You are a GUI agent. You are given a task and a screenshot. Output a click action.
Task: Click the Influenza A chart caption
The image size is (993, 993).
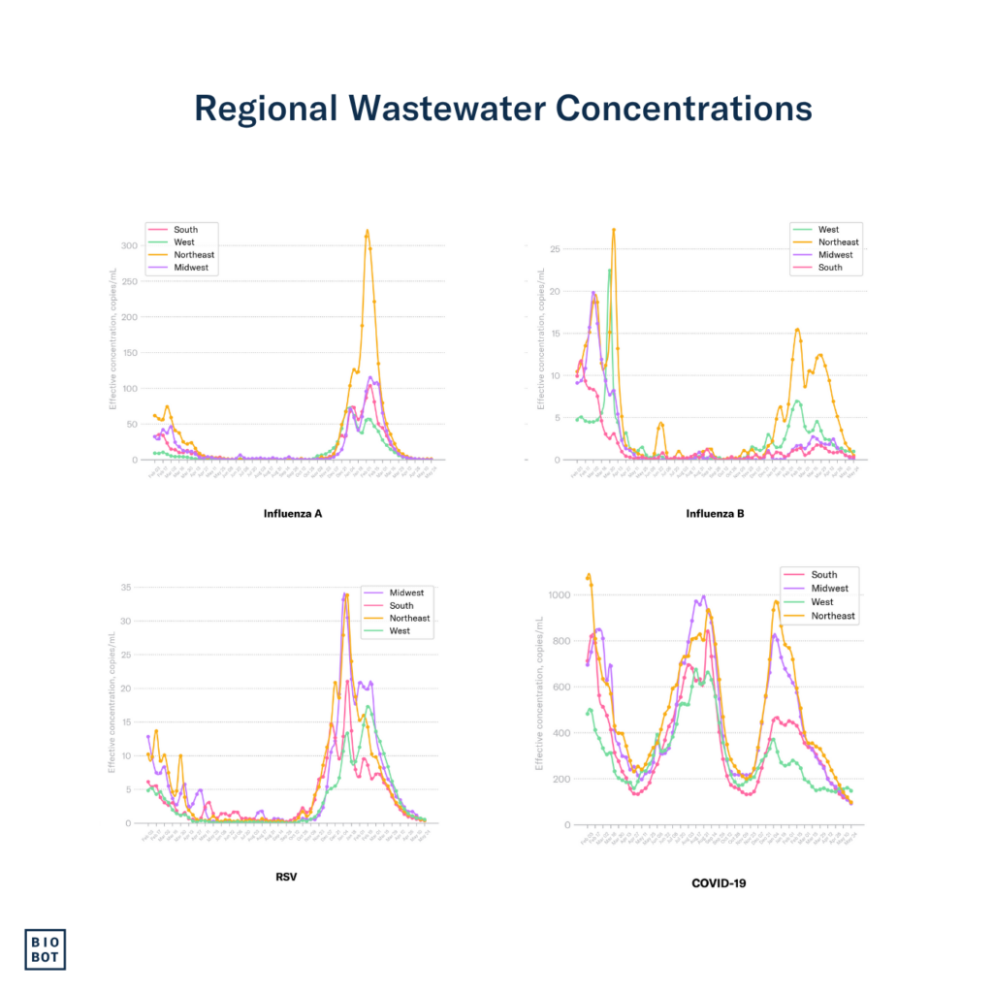coord(292,513)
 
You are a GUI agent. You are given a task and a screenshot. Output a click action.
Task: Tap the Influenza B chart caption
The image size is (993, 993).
coord(714,513)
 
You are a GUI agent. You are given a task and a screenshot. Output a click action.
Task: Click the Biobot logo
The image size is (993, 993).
coord(46,949)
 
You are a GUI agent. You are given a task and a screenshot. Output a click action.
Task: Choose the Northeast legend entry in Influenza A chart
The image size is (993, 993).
coord(194,255)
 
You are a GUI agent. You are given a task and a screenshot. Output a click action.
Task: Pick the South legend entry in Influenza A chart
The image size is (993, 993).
coord(185,230)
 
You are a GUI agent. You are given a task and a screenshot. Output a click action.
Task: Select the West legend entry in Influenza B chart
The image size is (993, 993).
coord(831,230)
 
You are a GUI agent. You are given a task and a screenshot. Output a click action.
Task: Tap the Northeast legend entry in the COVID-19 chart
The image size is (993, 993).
coord(833,616)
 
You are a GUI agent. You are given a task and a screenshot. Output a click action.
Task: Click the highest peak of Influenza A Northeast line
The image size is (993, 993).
coord(367,231)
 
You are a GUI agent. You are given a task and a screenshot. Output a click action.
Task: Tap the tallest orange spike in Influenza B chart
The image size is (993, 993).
coord(614,230)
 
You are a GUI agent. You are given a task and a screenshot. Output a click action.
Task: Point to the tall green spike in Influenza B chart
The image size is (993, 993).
coord(609,271)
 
